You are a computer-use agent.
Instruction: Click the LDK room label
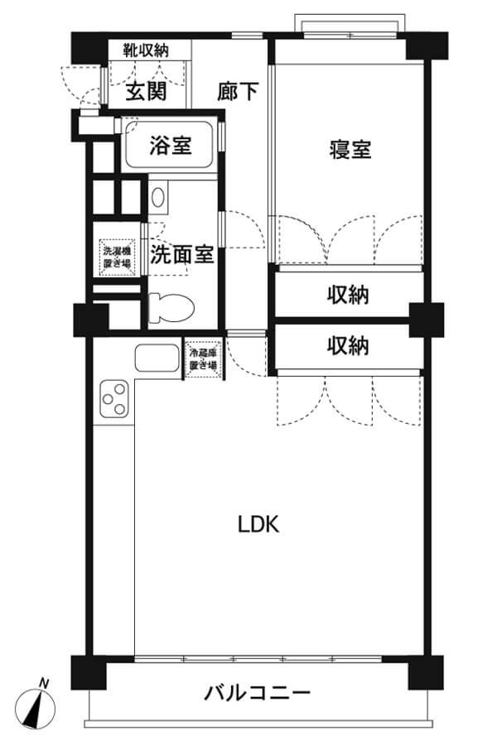pos(258,524)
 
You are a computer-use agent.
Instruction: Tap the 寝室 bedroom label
pos(350,149)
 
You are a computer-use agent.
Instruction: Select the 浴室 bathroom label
pos(170,146)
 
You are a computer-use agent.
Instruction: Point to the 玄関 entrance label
pos(146,90)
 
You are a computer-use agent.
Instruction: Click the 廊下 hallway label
pos(238,91)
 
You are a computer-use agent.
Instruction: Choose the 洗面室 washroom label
pos(181,255)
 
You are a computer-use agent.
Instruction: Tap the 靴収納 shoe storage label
pos(146,50)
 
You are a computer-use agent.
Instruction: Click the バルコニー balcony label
pos(258,693)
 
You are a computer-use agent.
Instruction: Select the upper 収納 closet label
pos(348,295)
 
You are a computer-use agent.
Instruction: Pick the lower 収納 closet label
pos(348,345)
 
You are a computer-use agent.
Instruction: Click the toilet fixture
pos(171,307)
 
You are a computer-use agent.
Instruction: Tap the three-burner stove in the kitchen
pos(114,399)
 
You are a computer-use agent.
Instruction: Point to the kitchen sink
pos(157,358)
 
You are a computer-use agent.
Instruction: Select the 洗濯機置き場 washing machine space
pos(117,257)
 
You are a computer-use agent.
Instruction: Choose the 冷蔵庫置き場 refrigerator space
pos(204,360)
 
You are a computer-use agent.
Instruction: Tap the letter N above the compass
pos(44,684)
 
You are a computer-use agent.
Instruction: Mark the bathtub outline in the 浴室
pos(169,144)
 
